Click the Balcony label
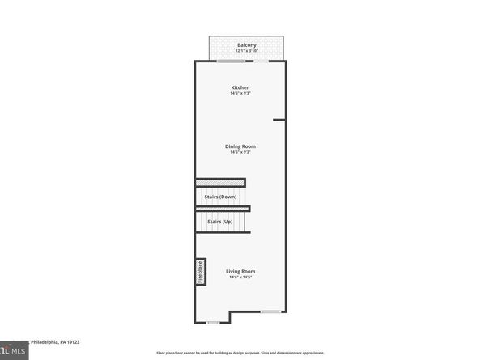point(246,44)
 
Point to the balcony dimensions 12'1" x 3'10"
point(246,51)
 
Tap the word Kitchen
point(240,87)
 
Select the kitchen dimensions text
point(240,94)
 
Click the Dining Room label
point(240,146)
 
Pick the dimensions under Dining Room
point(240,152)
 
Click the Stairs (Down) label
point(220,197)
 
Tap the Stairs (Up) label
point(220,221)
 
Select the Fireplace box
point(199,272)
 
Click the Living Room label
point(240,271)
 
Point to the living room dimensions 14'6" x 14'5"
point(240,277)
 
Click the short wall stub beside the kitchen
point(279,121)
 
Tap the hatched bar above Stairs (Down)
point(220,183)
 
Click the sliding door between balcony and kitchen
point(248,61)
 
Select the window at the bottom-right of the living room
point(271,311)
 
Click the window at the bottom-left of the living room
point(213,322)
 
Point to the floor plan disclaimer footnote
point(240,353)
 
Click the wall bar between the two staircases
point(223,209)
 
